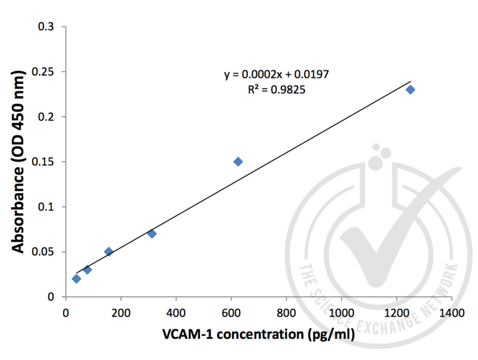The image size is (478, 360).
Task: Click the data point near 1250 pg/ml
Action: click(411, 90)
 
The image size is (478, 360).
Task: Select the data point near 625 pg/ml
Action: click(238, 162)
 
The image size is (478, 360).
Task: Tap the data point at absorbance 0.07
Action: click(152, 234)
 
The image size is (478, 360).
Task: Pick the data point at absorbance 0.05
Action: click(109, 251)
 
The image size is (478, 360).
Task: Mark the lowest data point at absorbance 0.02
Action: click(76, 279)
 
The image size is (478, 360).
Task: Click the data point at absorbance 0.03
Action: click(87, 270)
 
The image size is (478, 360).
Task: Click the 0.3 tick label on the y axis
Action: click(46, 27)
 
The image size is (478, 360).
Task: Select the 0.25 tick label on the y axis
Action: click(42, 72)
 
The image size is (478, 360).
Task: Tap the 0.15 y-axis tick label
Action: click(42, 162)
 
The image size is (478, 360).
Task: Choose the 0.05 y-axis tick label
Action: click(42, 252)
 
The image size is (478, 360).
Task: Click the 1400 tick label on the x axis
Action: click(452, 311)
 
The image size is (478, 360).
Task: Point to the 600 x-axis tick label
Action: click(231, 311)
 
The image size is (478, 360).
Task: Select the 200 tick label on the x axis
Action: click(121, 311)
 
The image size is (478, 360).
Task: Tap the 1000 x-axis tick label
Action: click(342, 311)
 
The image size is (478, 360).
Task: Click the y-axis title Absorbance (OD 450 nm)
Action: click(19, 162)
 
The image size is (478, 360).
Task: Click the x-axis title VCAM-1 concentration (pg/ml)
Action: click(258, 335)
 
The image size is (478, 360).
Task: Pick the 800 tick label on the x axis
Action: click(286, 311)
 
